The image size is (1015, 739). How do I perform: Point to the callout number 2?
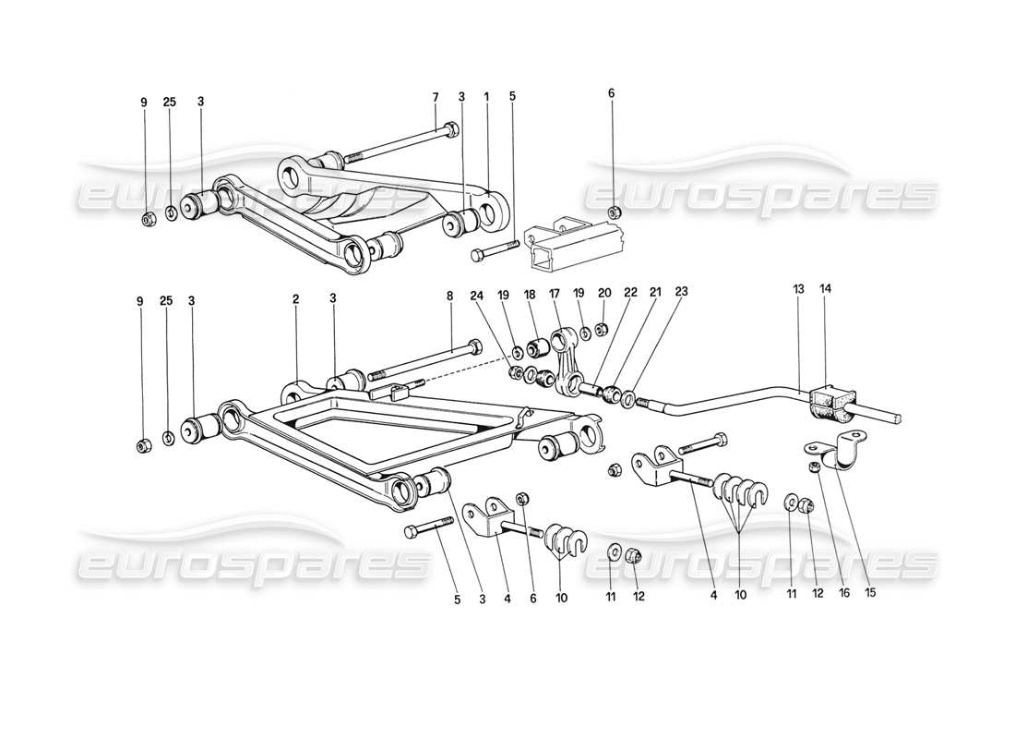(296, 299)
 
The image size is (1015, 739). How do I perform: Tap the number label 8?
(450, 296)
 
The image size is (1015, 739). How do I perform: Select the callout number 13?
(797, 289)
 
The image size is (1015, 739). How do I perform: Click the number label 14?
(824, 289)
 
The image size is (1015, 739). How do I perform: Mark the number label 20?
(603, 292)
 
